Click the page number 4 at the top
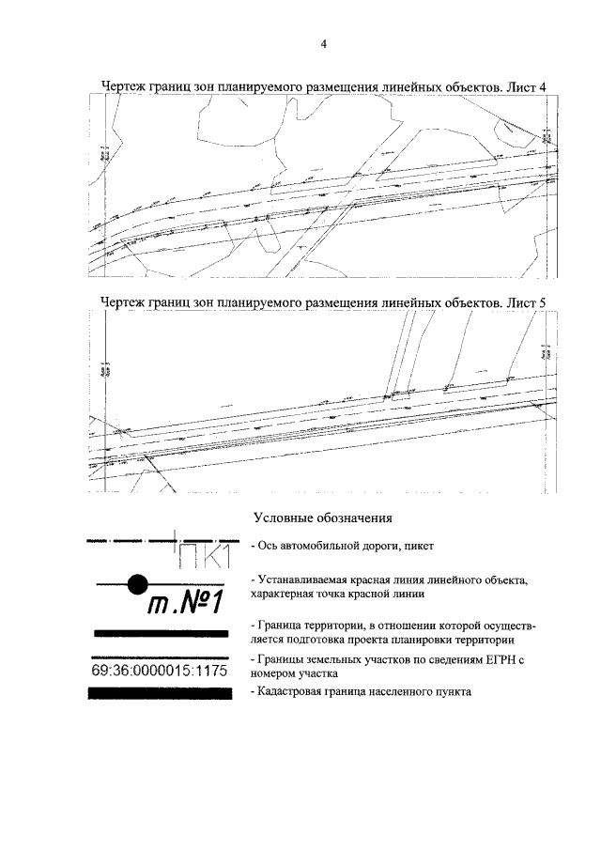pyautogui.click(x=323, y=44)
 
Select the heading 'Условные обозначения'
pyautogui.click(x=322, y=518)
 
